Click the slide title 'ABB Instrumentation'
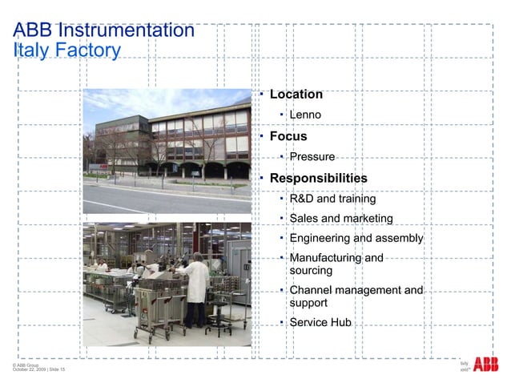104,31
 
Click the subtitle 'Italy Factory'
66,51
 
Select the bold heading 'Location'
296,95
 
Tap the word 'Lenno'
305,115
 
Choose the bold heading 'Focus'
288,136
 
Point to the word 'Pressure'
312,157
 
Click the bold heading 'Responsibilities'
318,178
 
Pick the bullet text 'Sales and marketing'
340,219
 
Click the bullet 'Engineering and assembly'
356,239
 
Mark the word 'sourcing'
311,271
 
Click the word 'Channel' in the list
312,290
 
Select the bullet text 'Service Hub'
320,323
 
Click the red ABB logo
485,365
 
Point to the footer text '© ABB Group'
26,364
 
